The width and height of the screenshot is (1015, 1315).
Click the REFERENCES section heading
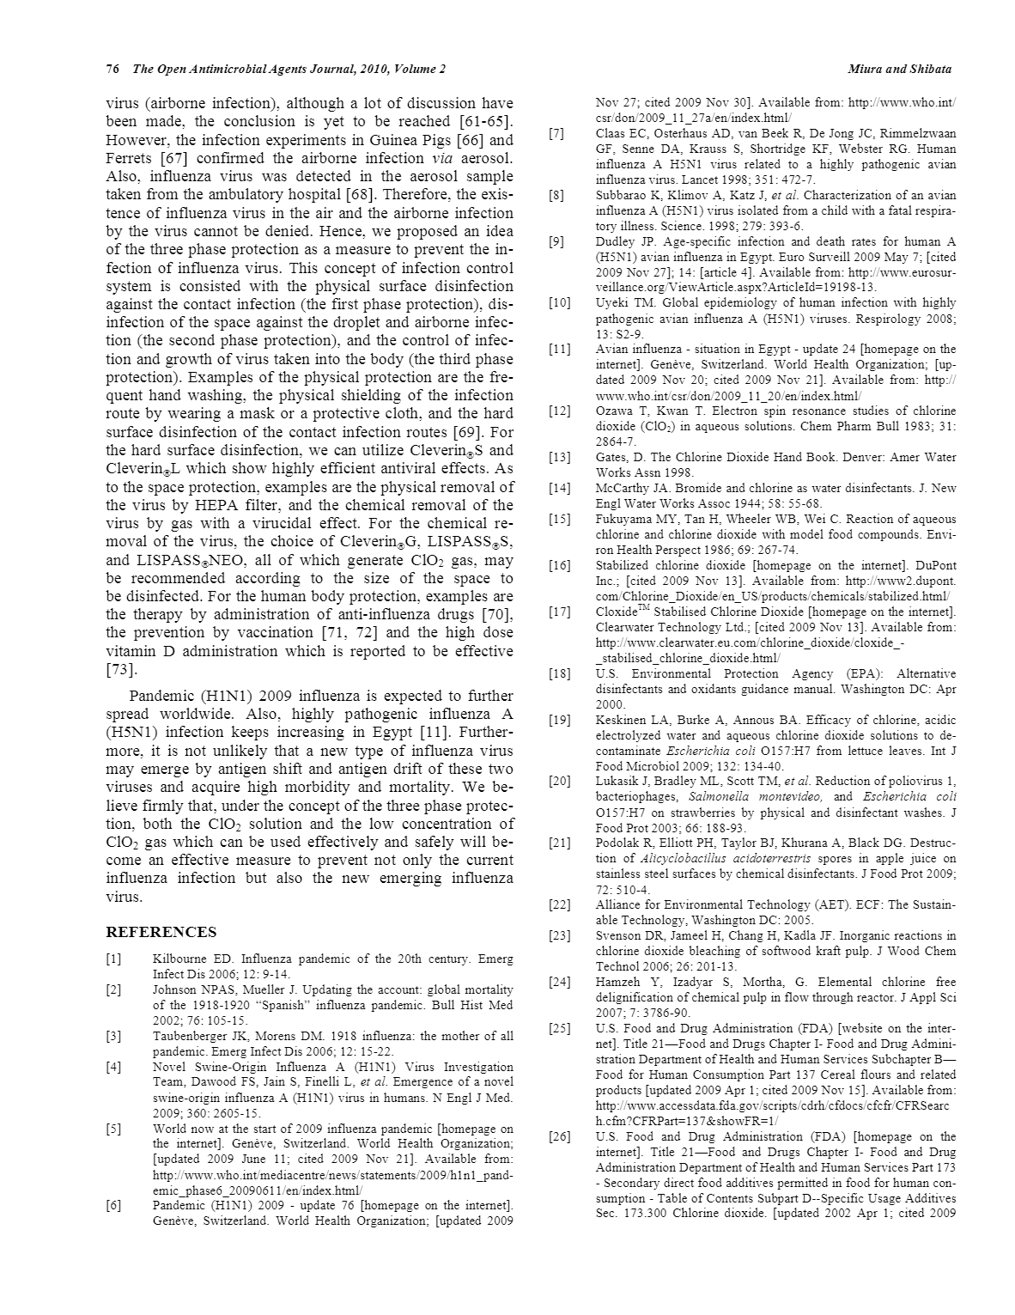point(161,932)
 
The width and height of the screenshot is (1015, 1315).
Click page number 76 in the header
point(112,69)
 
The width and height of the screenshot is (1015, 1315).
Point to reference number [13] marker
point(559,458)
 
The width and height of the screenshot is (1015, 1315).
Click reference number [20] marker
point(559,782)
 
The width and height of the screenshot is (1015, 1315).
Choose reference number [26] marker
point(559,1137)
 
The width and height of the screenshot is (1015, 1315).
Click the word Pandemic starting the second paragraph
point(161,697)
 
